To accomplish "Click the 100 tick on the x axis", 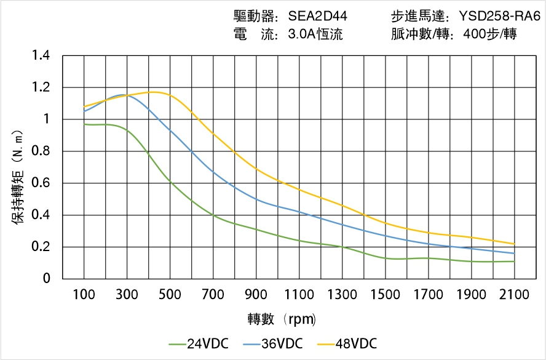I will [84, 295].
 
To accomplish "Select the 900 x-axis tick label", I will [256, 295].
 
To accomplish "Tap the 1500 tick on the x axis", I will [386, 295].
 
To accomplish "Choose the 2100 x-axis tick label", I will [514, 295].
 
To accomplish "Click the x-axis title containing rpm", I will [282, 319].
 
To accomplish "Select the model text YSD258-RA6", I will [496, 17].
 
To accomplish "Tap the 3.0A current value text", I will [315, 34].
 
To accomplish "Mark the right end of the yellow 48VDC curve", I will [514, 244].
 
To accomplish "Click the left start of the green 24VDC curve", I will [84, 124].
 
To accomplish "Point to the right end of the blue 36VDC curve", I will [514, 254].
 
